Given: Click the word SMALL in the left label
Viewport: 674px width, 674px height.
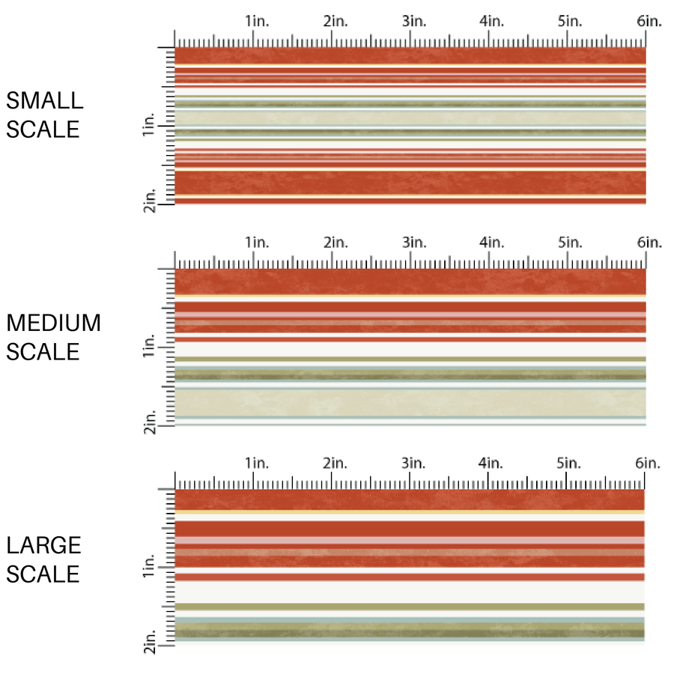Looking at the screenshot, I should pos(45,100).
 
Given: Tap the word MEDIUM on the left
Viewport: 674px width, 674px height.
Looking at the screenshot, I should pos(53,323).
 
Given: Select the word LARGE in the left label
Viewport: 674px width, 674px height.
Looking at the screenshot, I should pos(43,545).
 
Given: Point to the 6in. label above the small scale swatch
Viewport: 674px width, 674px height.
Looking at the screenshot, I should pos(649,22).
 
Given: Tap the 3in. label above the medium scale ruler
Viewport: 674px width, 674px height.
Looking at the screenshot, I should pos(413,243).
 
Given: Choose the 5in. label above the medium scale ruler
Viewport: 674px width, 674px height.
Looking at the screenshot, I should pos(570,243).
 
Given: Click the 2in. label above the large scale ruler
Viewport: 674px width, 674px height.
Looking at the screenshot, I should pos(335,464).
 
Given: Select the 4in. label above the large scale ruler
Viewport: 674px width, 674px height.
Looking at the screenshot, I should pos(491,464).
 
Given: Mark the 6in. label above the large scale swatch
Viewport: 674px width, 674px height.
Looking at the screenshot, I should pos(649,464).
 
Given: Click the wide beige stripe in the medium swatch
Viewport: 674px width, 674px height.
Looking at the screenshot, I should pos(410,402).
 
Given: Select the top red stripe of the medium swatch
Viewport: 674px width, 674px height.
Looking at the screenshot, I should pos(410,282).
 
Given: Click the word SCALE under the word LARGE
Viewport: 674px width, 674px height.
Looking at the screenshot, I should pos(43,574).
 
